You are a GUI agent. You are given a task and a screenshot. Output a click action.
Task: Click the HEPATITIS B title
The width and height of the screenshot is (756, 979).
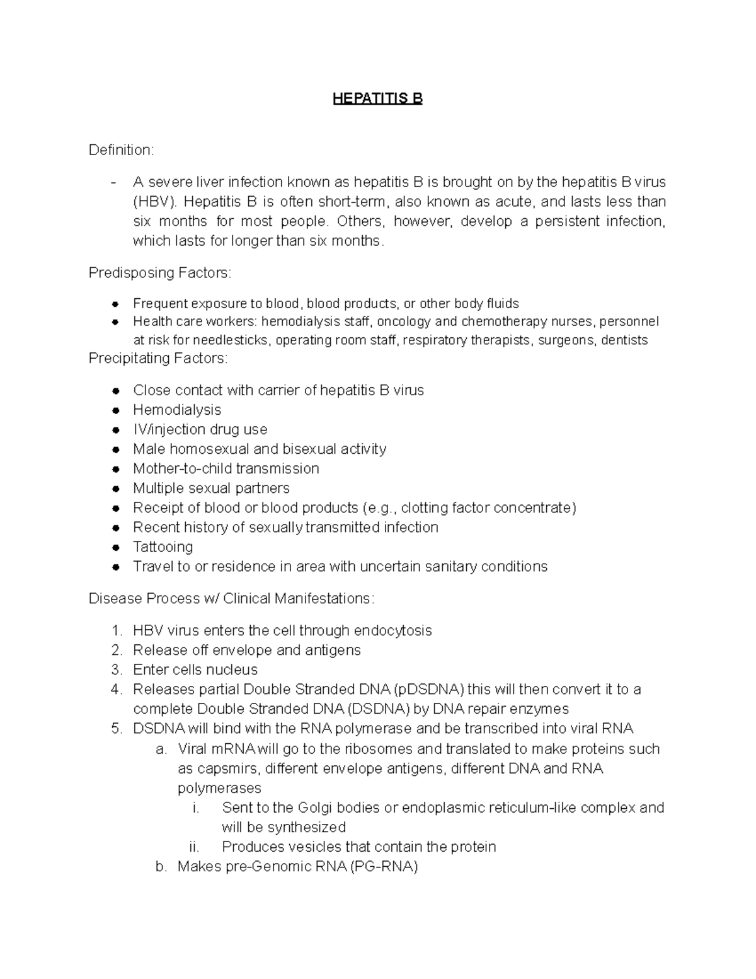click(x=377, y=99)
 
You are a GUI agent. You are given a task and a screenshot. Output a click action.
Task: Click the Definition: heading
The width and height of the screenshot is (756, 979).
click(x=121, y=150)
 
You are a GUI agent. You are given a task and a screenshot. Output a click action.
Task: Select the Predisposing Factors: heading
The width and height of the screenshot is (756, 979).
click(x=160, y=273)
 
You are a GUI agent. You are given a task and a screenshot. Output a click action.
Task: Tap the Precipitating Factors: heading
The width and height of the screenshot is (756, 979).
click(x=158, y=358)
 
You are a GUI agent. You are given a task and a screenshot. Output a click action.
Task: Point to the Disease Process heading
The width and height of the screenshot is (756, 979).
click(x=231, y=598)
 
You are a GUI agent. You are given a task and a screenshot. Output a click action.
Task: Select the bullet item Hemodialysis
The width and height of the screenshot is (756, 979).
click(x=177, y=410)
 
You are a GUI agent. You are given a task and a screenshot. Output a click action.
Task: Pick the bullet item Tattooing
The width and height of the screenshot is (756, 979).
click(x=163, y=547)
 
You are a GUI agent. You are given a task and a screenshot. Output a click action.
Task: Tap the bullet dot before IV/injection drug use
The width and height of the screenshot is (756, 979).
click(x=115, y=430)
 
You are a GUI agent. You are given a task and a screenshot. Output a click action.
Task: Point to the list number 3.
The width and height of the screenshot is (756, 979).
click(x=117, y=669)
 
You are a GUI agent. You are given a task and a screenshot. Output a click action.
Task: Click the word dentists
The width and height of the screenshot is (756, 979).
click(x=624, y=340)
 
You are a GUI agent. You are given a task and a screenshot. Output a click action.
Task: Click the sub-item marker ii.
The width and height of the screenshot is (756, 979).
click(x=194, y=847)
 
